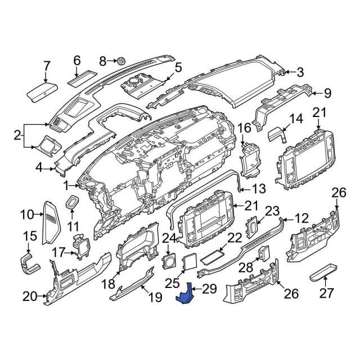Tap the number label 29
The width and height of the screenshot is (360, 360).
tap(209, 289)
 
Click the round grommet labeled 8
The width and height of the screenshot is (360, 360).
tap(120, 60)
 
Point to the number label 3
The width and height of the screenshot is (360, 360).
tap(300, 72)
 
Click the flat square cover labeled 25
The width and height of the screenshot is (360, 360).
tap(190, 262)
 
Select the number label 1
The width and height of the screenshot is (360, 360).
tap(66, 184)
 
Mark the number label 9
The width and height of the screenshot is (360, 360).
tap(327, 93)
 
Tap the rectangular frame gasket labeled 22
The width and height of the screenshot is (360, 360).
tap(211, 256)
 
